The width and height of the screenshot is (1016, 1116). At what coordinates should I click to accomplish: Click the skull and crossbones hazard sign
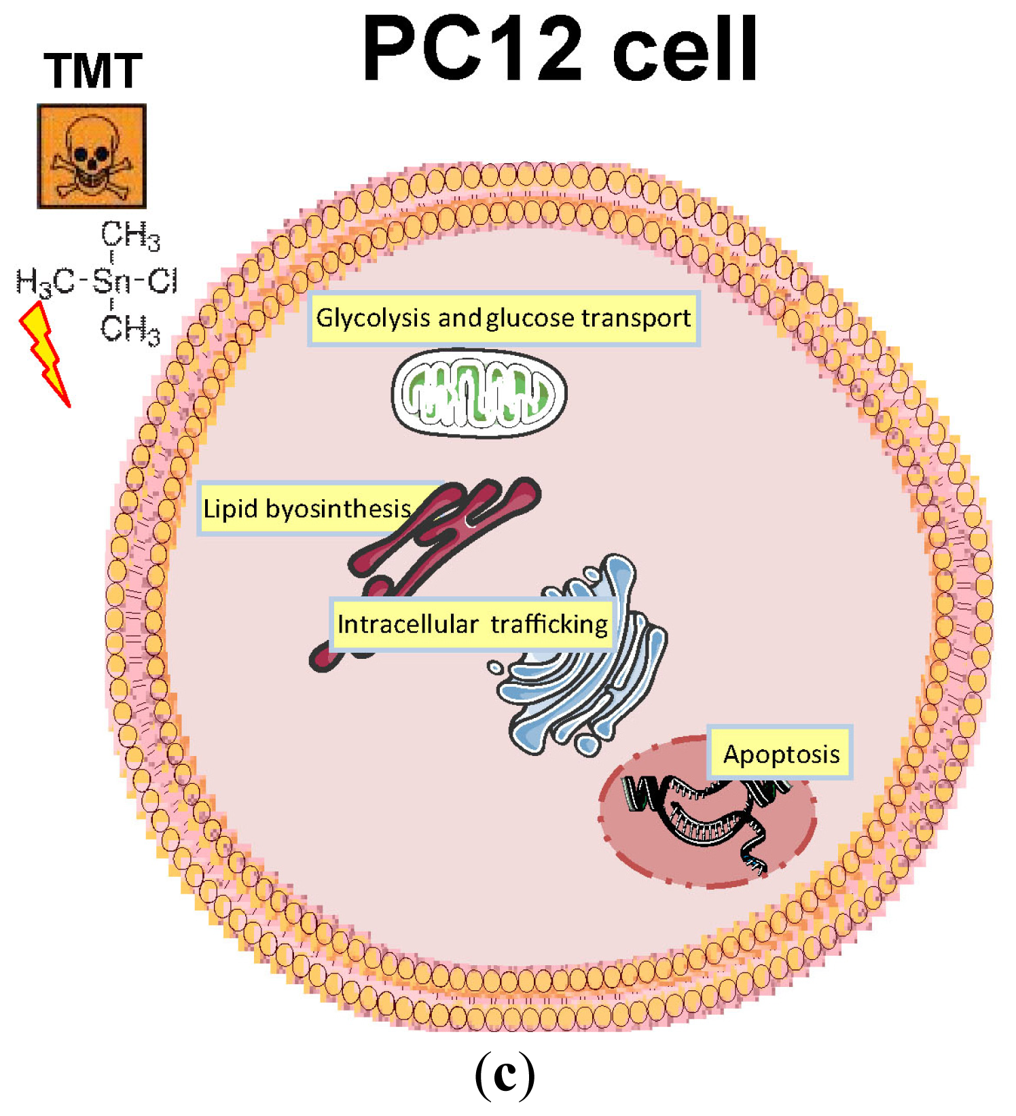click(91, 156)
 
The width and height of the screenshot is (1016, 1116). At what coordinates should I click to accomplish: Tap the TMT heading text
click(92, 71)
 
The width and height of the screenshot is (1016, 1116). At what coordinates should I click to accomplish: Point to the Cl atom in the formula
click(162, 281)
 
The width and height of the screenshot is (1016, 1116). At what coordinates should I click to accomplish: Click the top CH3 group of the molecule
click(130, 236)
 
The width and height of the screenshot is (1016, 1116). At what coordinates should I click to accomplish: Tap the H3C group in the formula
click(45, 282)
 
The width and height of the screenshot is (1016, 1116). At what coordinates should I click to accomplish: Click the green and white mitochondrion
click(479, 393)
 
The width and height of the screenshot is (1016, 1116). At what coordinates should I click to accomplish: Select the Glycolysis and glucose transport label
click(503, 318)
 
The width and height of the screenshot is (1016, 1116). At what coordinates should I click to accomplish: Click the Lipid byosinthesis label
click(307, 509)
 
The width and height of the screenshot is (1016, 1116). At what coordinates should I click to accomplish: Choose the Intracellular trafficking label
click(472, 624)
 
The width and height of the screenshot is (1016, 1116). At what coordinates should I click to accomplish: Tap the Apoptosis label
click(780, 754)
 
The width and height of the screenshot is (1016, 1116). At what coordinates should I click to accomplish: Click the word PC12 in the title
click(473, 49)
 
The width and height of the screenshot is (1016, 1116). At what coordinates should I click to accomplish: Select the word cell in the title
click(685, 49)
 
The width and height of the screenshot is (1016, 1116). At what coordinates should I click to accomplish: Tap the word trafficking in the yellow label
click(549, 624)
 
